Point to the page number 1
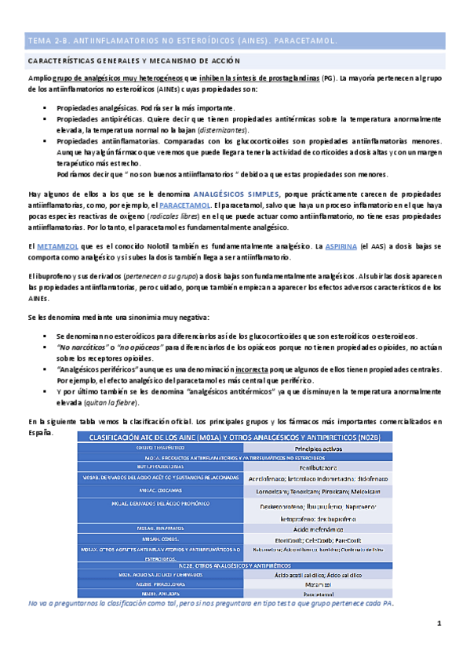coord(440,623)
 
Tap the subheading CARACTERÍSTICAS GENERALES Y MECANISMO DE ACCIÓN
coord(134,60)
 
